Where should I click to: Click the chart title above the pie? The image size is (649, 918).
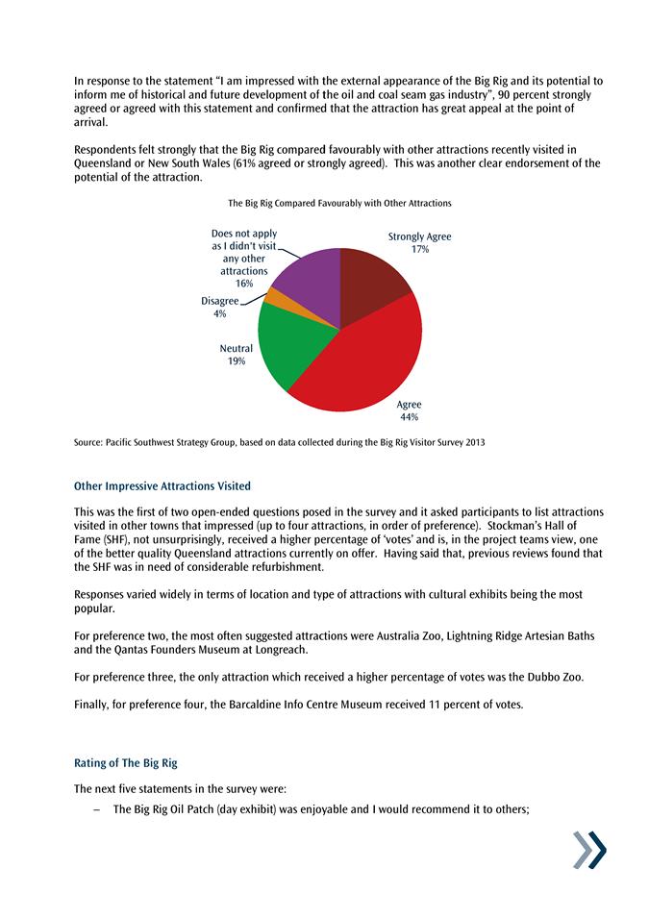(339, 204)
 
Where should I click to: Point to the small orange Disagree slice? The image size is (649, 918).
(274, 297)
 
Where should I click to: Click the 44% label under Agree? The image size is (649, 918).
(409, 418)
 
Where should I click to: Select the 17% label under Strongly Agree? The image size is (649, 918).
(419, 249)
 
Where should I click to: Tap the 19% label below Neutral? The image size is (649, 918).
(237, 361)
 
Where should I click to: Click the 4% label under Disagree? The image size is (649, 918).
(220, 314)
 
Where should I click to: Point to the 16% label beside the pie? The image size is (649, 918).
(244, 284)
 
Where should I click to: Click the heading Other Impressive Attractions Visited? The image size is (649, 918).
(162, 486)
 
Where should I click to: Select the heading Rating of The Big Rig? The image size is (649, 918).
(126, 763)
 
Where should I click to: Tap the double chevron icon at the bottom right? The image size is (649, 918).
(589, 851)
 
